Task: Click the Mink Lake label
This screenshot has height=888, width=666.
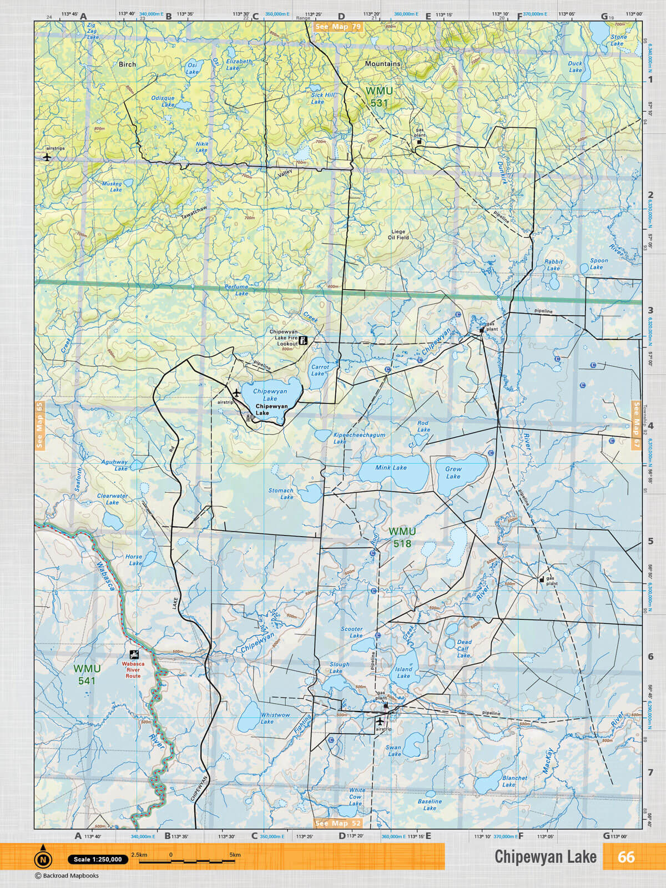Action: (391, 468)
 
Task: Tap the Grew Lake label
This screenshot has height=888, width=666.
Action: (453, 472)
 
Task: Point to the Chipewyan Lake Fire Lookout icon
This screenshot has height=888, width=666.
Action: (304, 340)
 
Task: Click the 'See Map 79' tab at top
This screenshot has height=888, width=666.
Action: (337, 27)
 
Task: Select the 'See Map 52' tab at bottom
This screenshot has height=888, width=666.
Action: (337, 824)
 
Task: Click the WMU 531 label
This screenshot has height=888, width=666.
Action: (379, 97)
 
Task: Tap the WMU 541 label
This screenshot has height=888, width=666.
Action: (87, 675)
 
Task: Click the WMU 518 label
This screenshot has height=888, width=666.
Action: (402, 537)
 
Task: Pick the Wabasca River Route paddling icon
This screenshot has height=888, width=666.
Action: (134, 654)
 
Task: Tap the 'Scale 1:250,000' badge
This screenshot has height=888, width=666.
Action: (98, 859)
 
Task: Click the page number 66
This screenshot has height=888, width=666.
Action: (626, 857)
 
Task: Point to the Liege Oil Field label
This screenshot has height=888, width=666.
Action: (398, 234)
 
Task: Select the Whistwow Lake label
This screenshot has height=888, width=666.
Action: (275, 718)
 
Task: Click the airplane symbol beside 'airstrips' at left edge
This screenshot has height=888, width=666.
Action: (47, 157)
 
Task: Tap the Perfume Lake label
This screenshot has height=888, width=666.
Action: (237, 290)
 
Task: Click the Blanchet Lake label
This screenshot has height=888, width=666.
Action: (514, 781)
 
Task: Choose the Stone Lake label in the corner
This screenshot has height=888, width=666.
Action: (618, 40)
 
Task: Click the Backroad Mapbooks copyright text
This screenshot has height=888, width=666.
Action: (67, 876)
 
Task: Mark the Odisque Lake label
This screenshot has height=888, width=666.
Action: (163, 101)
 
